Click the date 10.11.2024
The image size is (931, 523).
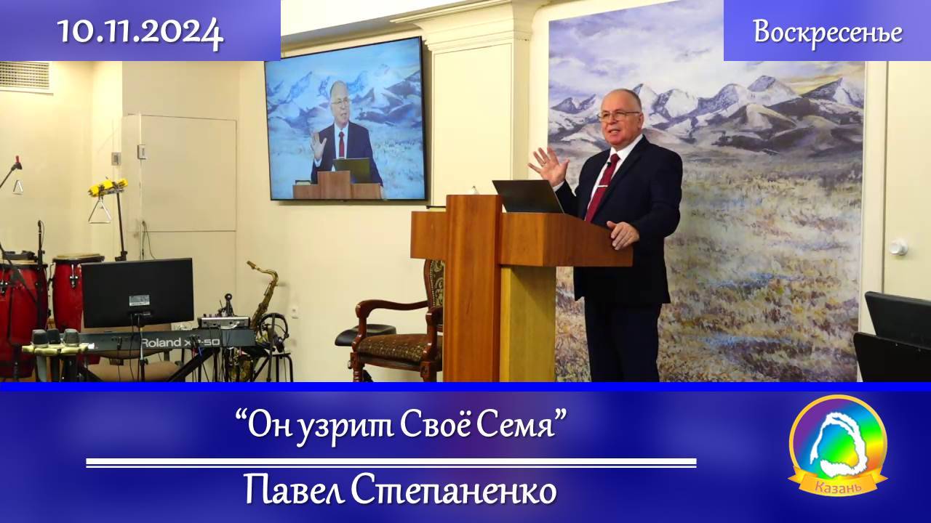click(140, 31)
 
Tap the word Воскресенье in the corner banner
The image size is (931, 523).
click(828, 32)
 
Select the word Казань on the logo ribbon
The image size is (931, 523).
click(837, 486)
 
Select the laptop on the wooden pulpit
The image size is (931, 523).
click(527, 196)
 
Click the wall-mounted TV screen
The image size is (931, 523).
click(345, 119)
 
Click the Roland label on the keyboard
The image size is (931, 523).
click(166, 342)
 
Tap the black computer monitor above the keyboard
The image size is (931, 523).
click(137, 292)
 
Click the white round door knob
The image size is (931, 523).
click(898, 247)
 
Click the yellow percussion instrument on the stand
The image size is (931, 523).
click(108, 187)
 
